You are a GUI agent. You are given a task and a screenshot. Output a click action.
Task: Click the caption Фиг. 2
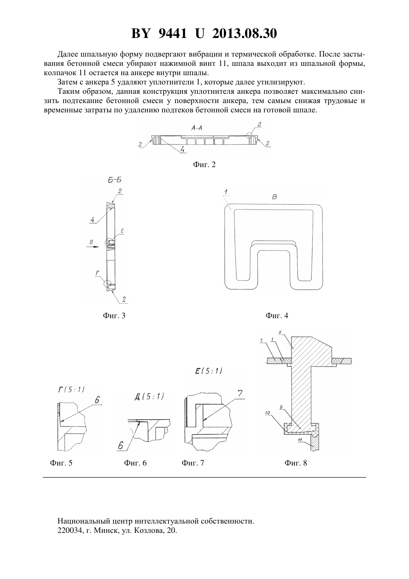pyautogui.click(x=204, y=164)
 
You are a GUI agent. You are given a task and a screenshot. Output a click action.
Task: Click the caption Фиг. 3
pyautogui.click(x=114, y=316)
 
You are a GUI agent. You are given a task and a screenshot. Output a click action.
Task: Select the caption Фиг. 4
pyautogui.click(x=277, y=316)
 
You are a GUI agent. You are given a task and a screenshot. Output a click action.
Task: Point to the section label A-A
pyautogui.click(x=197, y=128)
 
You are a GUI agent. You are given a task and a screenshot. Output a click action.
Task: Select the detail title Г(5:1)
pyautogui.click(x=71, y=389)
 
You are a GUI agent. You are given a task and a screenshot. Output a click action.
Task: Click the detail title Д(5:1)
pyautogui.click(x=149, y=396)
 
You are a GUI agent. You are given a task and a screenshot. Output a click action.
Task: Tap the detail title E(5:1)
pyautogui.click(x=209, y=371)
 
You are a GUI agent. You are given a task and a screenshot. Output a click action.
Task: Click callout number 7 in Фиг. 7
pyautogui.click(x=240, y=394)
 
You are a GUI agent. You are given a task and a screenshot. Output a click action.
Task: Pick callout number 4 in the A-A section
pyautogui.click(x=182, y=150)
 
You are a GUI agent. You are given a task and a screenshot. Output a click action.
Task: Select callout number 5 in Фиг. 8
pyautogui.click(x=280, y=332)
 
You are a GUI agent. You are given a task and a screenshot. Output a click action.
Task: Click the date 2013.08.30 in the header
pyautogui.click(x=245, y=33)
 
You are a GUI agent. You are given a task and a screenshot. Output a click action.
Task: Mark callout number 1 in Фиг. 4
pyautogui.click(x=226, y=192)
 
